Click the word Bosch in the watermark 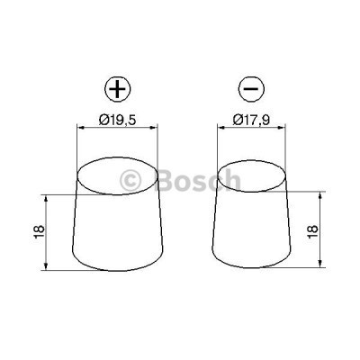(x=199, y=182)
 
